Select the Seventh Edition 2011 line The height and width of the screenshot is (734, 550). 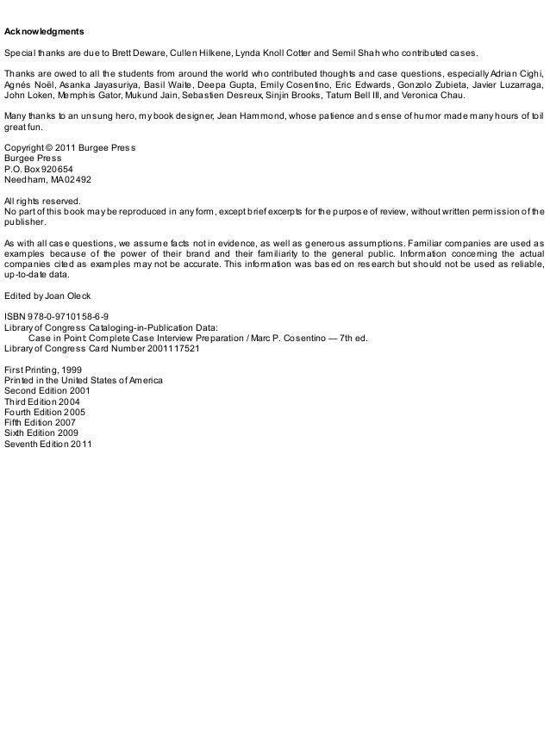tap(48, 445)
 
